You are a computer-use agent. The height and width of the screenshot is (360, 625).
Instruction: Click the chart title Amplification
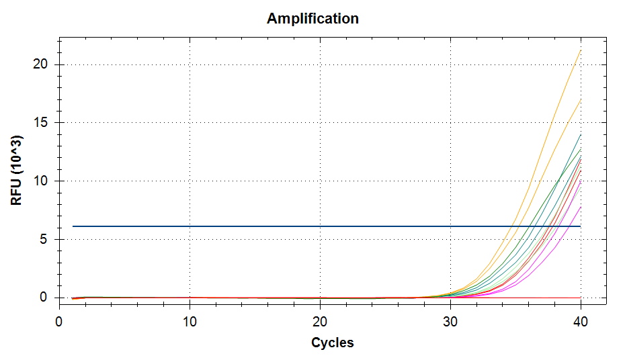point(312,18)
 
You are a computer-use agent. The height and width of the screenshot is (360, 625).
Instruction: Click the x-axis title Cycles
point(332,343)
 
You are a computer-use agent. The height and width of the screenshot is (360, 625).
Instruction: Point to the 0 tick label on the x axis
point(58,322)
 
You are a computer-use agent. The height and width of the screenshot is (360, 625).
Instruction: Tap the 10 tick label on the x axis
point(190,322)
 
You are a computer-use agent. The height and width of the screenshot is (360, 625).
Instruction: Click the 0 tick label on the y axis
point(43,298)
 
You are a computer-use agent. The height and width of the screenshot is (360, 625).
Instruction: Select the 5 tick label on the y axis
point(43,239)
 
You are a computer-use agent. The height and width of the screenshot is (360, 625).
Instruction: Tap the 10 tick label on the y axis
point(40,181)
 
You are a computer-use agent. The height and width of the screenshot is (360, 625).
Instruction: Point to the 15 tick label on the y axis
point(40,122)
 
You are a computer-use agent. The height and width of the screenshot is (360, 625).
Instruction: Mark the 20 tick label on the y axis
point(40,64)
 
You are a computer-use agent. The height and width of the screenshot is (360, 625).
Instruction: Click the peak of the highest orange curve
point(581,50)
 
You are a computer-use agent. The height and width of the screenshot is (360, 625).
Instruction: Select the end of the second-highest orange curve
point(581,99)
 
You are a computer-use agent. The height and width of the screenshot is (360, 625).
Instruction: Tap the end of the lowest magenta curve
point(581,207)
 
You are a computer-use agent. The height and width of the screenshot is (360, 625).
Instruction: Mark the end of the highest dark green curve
point(581,134)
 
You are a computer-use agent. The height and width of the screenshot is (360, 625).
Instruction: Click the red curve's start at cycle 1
point(72,298)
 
